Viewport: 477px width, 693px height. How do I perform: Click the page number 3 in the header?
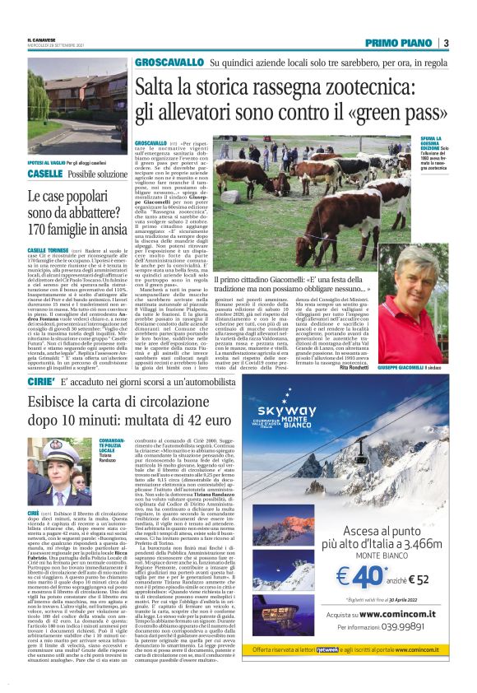pos(446,43)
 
